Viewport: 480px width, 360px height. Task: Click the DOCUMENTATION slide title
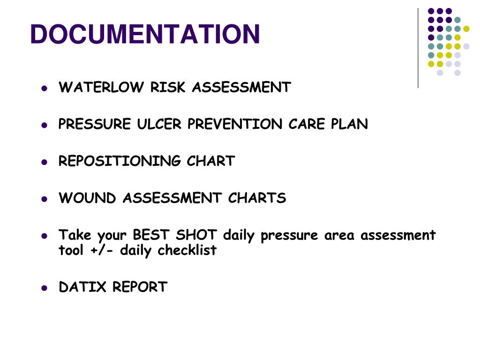click(145, 34)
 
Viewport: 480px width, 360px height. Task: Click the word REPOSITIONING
click(120, 161)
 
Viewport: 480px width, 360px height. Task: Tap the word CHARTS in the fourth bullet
click(257, 198)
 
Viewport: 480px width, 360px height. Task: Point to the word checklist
click(187, 251)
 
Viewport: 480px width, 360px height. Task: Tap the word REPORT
click(140, 287)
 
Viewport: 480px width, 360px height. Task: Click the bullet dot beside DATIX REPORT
click(45, 287)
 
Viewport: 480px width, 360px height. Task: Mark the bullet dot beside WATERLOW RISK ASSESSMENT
click(45, 88)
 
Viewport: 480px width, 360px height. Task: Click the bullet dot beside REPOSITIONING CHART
click(45, 162)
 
